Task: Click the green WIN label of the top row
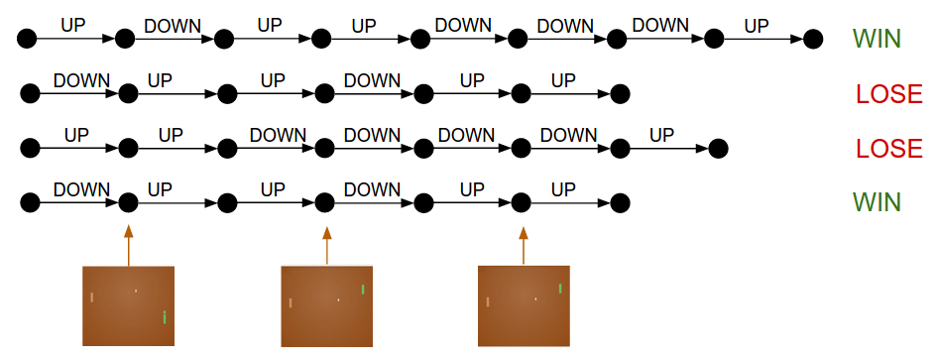tap(877, 40)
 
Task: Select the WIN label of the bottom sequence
tap(877, 202)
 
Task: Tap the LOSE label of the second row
tap(889, 94)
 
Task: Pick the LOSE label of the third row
tap(889, 149)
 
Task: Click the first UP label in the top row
tap(73, 25)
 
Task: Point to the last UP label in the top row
tap(757, 26)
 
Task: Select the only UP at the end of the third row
tap(661, 135)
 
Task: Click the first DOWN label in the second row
tap(81, 80)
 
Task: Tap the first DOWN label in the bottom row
tap(81, 188)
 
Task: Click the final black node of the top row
tap(813, 40)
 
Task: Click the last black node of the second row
tap(620, 94)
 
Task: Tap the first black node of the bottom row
tap(29, 202)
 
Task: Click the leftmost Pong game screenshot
tap(128, 305)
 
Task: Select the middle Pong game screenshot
tap(326, 305)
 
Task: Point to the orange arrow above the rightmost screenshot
tap(524, 245)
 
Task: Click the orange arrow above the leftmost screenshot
tap(128, 245)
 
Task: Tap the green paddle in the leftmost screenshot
tap(164, 317)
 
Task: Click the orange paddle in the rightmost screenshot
tap(487, 301)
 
